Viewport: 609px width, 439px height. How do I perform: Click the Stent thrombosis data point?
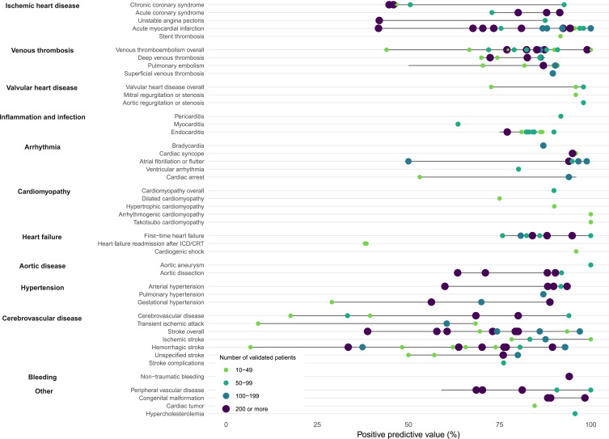click(560, 36)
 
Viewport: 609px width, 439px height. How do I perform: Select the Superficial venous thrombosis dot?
click(552, 74)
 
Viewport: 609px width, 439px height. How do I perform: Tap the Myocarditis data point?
click(458, 125)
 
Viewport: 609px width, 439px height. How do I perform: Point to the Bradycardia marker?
click(543, 146)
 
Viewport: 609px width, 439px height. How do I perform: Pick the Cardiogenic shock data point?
click(576, 251)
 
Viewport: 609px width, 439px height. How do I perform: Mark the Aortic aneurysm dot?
click(590, 264)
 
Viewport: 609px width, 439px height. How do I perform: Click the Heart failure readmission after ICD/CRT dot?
click(366, 243)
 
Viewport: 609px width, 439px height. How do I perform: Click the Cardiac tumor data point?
click(535, 406)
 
